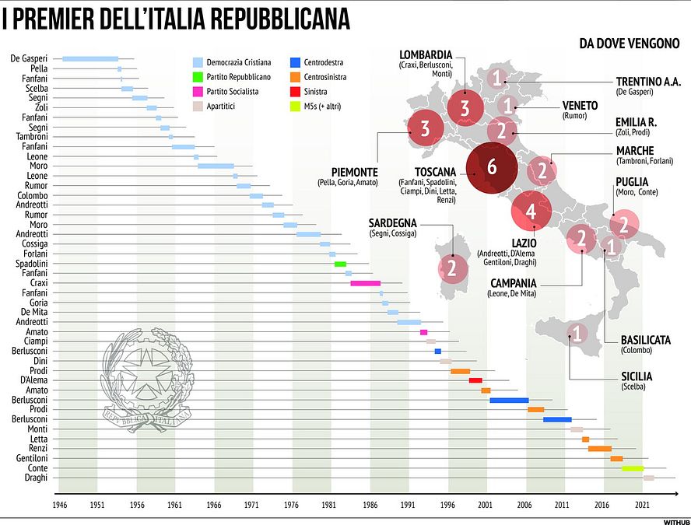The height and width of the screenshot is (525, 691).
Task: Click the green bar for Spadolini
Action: click(340, 264)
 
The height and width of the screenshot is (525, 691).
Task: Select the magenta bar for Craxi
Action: click(365, 283)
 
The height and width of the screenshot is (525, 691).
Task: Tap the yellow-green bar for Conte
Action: click(632, 468)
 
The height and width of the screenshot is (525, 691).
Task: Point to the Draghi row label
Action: click(36, 478)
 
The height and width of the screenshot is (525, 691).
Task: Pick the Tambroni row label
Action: click(32, 137)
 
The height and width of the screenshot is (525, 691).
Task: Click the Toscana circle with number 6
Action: click(491, 167)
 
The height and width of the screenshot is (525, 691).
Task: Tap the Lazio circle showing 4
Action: click(531, 211)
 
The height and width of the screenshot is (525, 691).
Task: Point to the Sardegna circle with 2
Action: click(451, 268)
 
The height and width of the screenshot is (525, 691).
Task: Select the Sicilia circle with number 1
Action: click(577, 334)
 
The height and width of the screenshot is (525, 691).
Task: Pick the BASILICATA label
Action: click(645, 340)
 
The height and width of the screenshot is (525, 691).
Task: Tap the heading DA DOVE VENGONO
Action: click(630, 44)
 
